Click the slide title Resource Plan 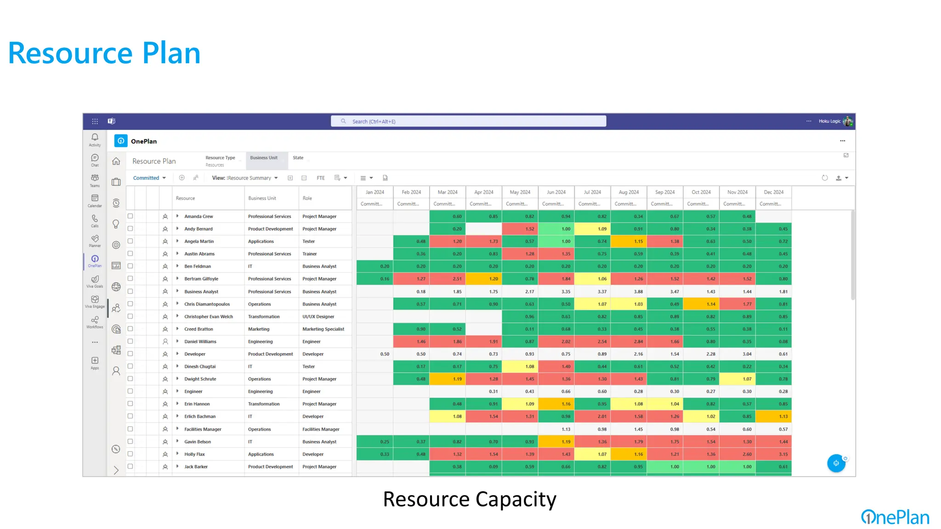click(x=104, y=53)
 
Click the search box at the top click(x=468, y=121)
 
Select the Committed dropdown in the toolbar click(x=149, y=178)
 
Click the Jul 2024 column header click(x=592, y=192)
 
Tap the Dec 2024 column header click(x=773, y=192)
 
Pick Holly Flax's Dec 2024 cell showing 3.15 click(x=773, y=454)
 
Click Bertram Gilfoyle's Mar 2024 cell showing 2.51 click(x=448, y=279)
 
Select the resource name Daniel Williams click(x=200, y=342)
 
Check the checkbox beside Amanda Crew click(x=130, y=216)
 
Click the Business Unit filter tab click(x=264, y=158)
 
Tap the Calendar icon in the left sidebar click(x=95, y=200)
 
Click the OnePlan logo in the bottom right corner click(x=895, y=517)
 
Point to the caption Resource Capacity click(x=470, y=499)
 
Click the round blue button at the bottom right click(x=836, y=463)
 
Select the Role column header click(x=307, y=198)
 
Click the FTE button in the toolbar click(x=321, y=178)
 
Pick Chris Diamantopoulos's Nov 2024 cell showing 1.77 click(x=737, y=304)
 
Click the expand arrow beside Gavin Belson click(x=177, y=441)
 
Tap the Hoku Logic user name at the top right click(x=829, y=121)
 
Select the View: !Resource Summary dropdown click(x=244, y=178)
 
